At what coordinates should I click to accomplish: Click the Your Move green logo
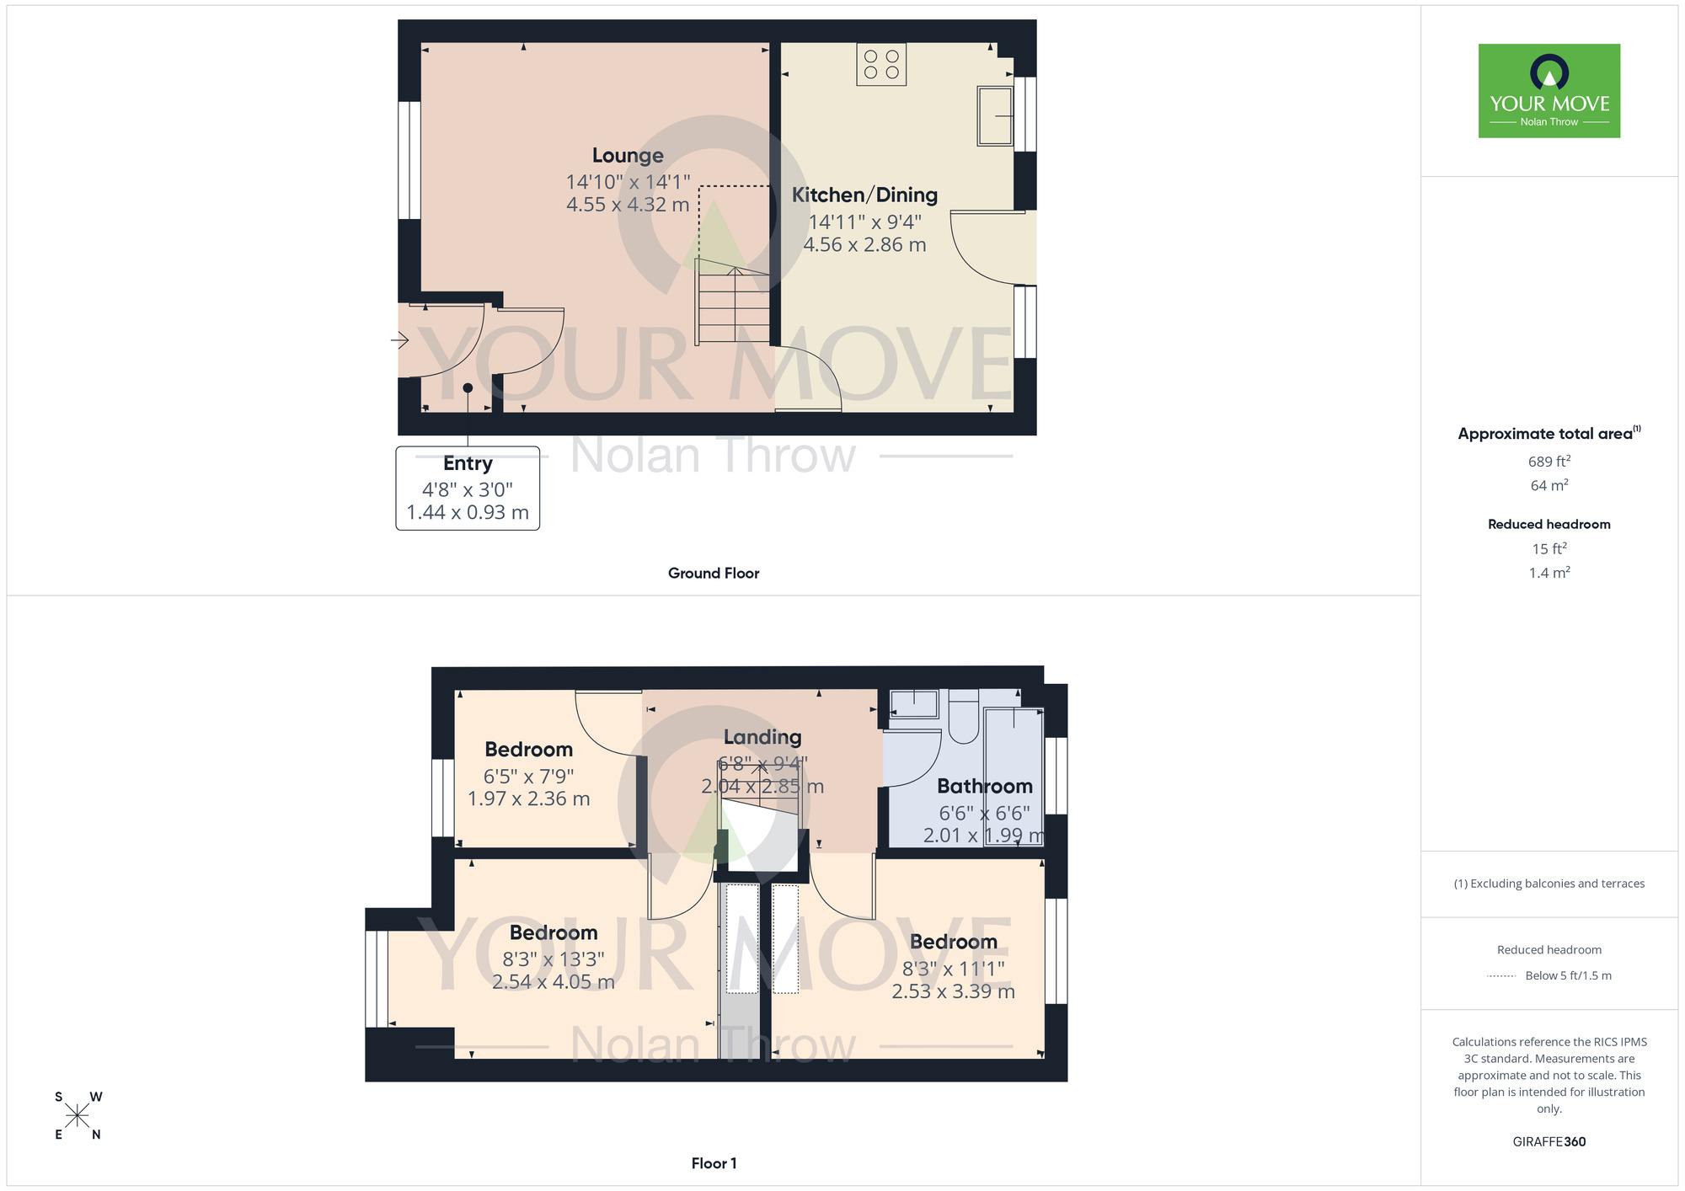1549,91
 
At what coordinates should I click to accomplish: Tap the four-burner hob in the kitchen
881,65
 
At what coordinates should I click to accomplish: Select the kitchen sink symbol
995,115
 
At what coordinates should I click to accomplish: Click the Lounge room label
628,156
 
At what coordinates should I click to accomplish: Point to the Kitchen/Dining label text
864,195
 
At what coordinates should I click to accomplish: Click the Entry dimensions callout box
468,488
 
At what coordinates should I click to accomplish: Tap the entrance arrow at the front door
400,340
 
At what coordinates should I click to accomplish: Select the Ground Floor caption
714,573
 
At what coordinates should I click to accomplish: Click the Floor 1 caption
714,1163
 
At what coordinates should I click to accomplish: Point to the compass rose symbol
77,1116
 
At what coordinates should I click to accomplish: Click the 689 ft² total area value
1549,462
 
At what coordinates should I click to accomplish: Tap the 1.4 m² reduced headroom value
1549,573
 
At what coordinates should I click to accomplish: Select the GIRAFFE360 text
1549,1142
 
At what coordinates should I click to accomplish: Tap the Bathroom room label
984,787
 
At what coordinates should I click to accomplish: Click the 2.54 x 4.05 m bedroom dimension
554,982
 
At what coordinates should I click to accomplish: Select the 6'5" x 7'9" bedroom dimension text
528,776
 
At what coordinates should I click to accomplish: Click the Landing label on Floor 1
762,737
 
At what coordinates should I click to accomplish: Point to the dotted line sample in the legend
1501,976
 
